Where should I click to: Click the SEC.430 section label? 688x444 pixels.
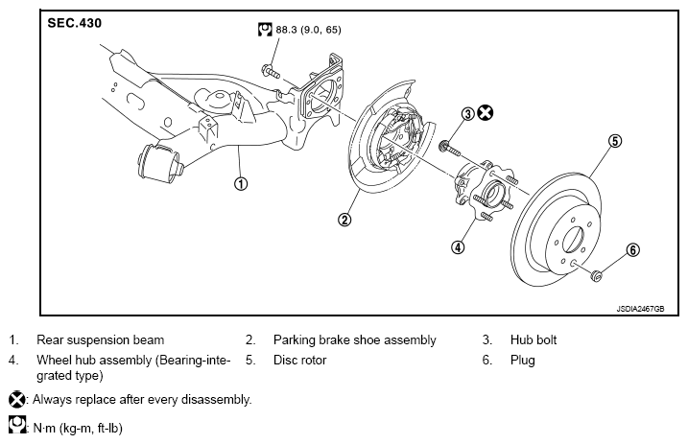[74, 23]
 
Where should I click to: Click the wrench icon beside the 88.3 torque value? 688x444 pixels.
[265, 30]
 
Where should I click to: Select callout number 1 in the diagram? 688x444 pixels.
[241, 184]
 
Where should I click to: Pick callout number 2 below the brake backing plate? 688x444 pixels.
[344, 220]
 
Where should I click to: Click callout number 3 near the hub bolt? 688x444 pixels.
[468, 113]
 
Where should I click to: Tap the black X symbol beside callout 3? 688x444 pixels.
[485, 112]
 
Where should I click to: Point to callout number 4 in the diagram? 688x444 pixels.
[458, 247]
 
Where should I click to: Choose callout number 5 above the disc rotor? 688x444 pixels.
[615, 141]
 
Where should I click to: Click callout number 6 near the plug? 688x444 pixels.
[632, 250]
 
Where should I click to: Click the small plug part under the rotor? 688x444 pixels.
[596, 275]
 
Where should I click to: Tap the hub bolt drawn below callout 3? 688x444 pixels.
[450, 148]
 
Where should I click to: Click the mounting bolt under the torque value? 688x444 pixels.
[271, 71]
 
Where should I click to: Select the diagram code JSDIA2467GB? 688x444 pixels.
[640, 309]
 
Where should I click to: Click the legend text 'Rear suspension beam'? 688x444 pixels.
[100, 339]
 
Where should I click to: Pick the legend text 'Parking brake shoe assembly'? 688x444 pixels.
[354, 340]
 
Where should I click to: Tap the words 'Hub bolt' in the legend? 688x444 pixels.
[534, 339]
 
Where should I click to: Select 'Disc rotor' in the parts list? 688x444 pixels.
[299, 360]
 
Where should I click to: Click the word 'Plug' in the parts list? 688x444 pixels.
[523, 361]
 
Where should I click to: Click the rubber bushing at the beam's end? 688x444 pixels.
[159, 163]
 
